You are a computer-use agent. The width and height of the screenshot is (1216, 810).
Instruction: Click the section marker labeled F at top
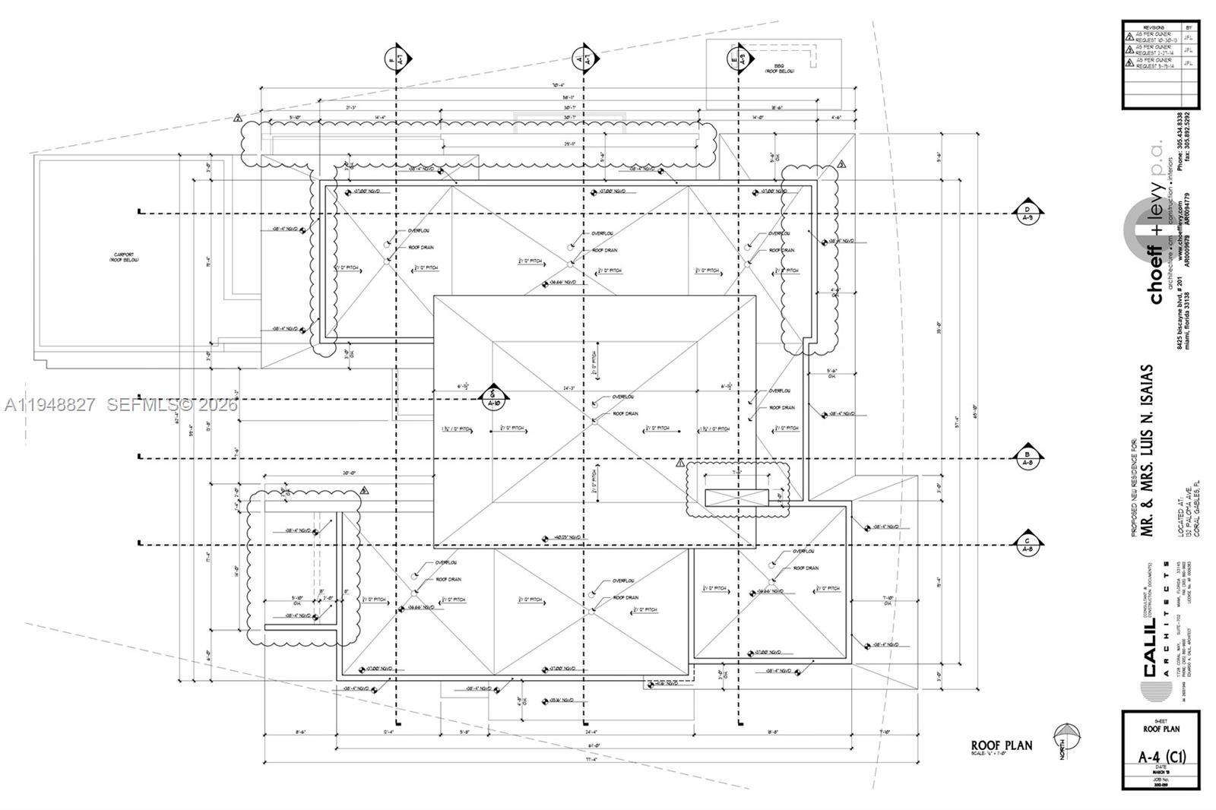(396, 57)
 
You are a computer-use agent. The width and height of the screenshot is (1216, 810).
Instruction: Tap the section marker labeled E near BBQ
(739, 57)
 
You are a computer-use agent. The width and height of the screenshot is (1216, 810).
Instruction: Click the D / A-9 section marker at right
(1028, 213)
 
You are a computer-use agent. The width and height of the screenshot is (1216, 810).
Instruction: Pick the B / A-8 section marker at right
(1028, 457)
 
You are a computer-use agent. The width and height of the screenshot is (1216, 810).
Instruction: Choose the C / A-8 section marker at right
(1028, 544)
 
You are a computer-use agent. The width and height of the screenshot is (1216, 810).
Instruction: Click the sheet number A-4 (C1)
(1161, 757)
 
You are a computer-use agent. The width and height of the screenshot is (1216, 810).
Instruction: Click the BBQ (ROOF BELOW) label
(779, 68)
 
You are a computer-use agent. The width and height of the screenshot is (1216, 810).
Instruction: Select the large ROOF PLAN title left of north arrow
(1001, 745)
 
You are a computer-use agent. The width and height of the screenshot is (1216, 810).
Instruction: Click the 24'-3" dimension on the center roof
(568, 388)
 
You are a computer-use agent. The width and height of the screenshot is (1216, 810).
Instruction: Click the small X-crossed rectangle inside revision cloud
(737, 498)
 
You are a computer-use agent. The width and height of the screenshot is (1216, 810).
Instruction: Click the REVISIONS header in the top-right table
(1153, 27)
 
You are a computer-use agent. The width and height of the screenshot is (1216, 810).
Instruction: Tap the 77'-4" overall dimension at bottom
(591, 759)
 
